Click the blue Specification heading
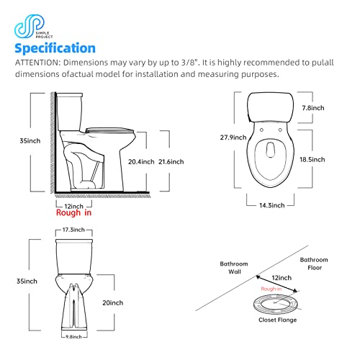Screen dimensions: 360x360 click(55, 48)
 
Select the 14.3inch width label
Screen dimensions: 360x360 click(271, 205)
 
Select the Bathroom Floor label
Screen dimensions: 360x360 click(314, 264)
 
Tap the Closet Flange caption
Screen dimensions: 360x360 click(277, 320)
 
